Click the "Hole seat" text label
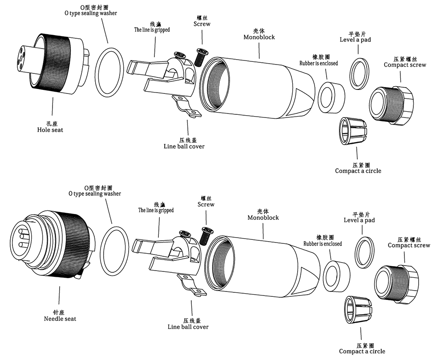tap(50, 129)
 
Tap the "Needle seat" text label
tap(60, 319)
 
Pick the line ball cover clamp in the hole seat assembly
tap(186, 107)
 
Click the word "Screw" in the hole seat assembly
tap(202, 24)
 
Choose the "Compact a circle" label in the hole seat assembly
tap(358, 171)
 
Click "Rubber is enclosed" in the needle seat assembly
tap(323, 244)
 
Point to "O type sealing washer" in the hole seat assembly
tap(90, 13)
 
